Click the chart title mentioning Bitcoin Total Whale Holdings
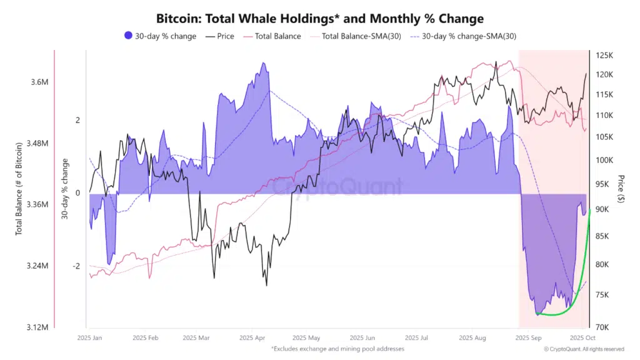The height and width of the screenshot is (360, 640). [319, 19]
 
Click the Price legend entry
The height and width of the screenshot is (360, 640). [219, 36]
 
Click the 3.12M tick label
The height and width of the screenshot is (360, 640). [38, 327]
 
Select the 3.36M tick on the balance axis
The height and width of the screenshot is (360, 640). [38, 204]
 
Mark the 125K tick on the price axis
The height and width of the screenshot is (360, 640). [605, 56]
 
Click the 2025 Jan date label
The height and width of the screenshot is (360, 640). [89, 338]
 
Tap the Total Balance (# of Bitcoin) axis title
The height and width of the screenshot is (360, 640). [19, 188]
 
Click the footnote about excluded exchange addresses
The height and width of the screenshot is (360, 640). [337, 348]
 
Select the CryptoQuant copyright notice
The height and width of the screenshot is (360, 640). [584, 349]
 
